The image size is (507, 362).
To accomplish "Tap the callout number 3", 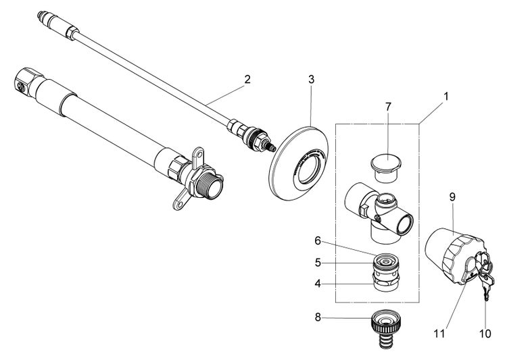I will pyautogui.click(x=310, y=80).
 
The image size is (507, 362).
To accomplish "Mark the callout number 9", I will pyautogui.click(x=452, y=199).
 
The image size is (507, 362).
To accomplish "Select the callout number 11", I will pyautogui.click(x=440, y=332).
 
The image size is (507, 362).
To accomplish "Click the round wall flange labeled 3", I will pyautogui.click(x=297, y=163).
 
